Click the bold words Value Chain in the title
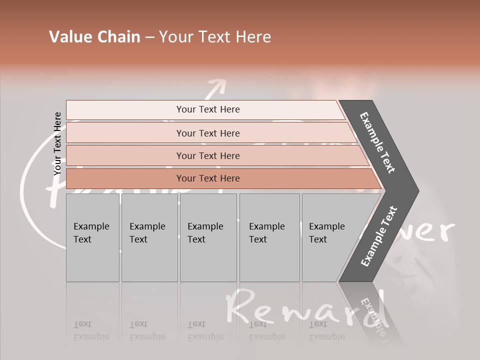tap(94, 37)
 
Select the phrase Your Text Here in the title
tap(215, 37)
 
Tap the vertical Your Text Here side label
tap(57, 143)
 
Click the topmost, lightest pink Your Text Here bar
tap(207, 109)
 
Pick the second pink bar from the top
tap(207, 133)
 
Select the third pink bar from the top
tap(207, 155)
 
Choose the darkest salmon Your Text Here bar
tap(207, 178)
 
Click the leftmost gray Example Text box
tap(92, 237)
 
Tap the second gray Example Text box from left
tap(149, 237)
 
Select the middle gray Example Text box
tap(208, 237)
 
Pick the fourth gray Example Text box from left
tap(269, 237)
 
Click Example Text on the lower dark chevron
tap(378, 236)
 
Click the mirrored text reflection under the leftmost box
tap(91, 330)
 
